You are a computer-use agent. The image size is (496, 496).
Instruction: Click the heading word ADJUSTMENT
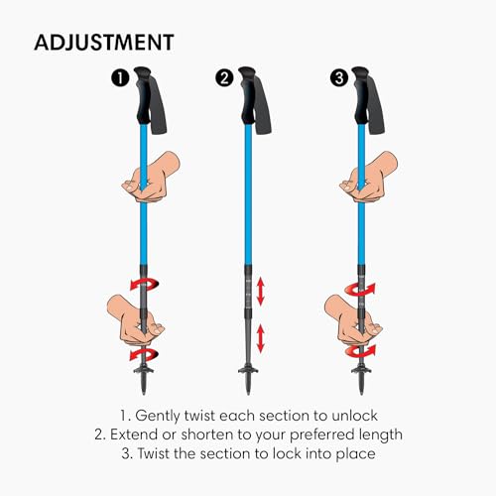point(104,43)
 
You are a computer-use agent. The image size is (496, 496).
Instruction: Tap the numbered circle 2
point(227,76)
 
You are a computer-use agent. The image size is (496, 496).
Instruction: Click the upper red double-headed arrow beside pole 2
point(261,291)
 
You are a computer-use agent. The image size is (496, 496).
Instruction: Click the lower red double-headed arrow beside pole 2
point(261,337)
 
